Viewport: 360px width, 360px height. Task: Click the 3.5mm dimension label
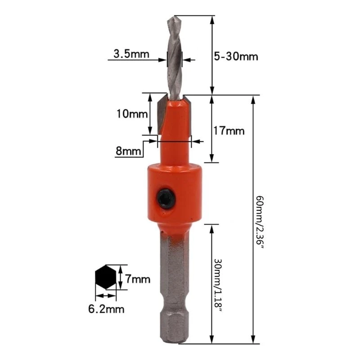point(130,54)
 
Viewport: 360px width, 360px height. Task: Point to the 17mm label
point(228,131)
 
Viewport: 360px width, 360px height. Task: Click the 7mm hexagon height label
point(137,279)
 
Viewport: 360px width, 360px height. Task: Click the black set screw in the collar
point(166,198)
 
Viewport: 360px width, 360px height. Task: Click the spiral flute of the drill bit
point(174,58)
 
